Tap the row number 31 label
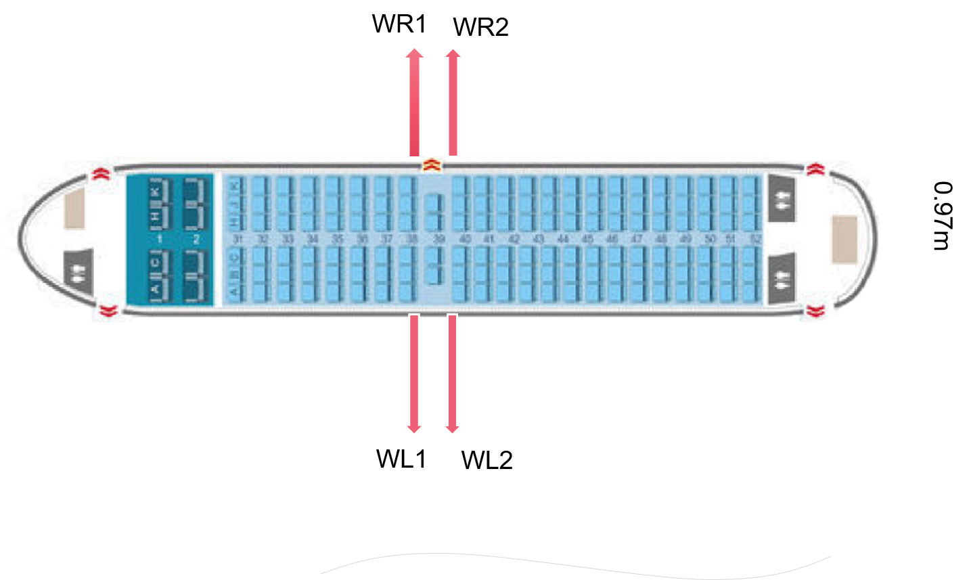click(237, 240)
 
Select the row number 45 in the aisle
click(587, 240)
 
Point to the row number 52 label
click(755, 240)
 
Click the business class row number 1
click(160, 240)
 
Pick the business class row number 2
click(196, 240)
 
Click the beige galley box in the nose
click(74, 208)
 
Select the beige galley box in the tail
click(844, 240)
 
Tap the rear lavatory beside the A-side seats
click(782, 278)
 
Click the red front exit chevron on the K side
click(101, 173)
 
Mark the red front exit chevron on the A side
click(106, 311)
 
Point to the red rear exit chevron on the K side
click(813, 169)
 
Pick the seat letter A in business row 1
click(156, 290)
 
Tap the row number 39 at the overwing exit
click(438, 240)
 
